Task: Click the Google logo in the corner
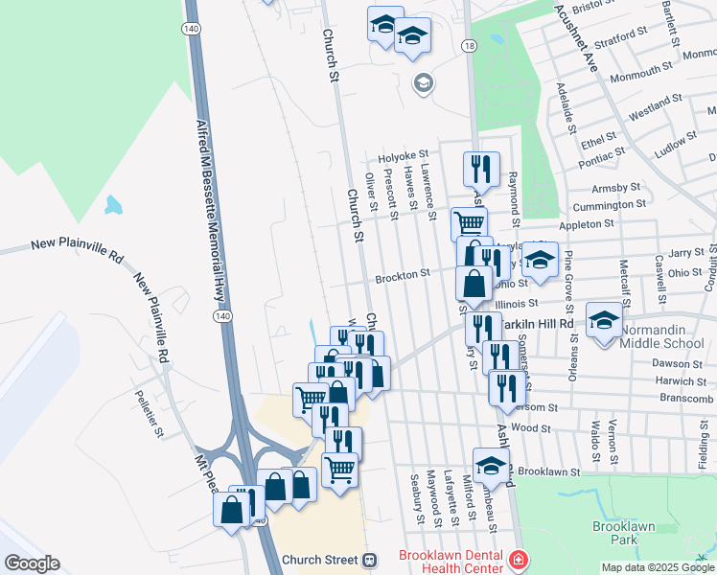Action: (31, 563)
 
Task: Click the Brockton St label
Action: (402, 275)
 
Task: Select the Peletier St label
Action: (151, 413)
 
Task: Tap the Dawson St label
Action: (677, 364)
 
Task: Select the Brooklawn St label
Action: (549, 472)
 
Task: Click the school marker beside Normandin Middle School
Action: (604, 322)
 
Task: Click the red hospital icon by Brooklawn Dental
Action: (518, 559)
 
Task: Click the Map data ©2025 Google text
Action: (658, 567)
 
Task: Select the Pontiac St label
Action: (601, 151)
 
